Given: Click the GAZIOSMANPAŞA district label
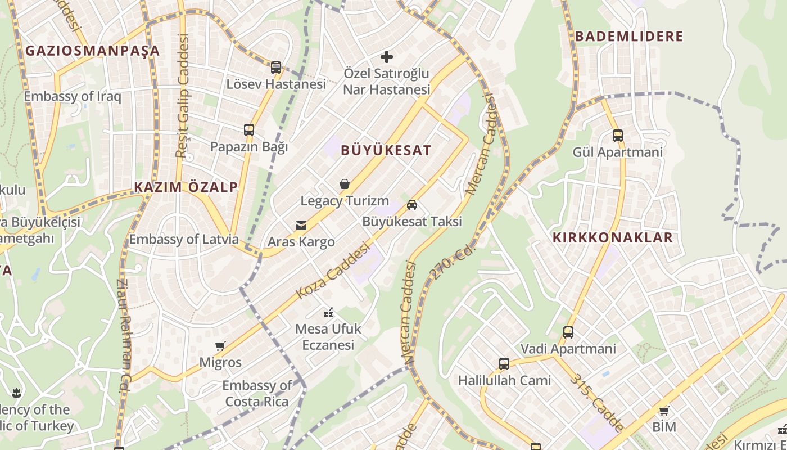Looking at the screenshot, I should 93,51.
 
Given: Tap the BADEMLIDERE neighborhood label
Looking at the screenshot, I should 629,37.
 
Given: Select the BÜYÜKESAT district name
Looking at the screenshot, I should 386,150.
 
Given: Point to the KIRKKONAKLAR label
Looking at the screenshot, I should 613,237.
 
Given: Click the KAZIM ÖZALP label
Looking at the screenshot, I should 186,187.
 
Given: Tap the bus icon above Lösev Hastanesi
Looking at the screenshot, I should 275,67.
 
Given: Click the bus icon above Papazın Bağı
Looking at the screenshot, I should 249,130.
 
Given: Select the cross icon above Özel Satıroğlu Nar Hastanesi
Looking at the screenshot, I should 387,56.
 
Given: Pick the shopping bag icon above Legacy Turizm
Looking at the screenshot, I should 345,184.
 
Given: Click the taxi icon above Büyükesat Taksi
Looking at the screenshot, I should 412,205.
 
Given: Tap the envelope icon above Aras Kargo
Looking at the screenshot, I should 301,226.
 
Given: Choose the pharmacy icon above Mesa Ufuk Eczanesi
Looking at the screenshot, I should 328,312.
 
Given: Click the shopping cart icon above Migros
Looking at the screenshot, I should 220,346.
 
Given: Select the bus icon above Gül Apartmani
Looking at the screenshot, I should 618,136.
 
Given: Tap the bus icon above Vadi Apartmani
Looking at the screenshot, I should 568,332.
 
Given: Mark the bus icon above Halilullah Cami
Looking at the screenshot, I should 504,364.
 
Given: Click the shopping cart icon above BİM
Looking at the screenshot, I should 664,411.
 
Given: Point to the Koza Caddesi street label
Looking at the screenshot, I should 333,271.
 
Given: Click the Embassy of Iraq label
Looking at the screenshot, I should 73,96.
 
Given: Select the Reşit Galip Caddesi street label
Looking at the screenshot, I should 183,96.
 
